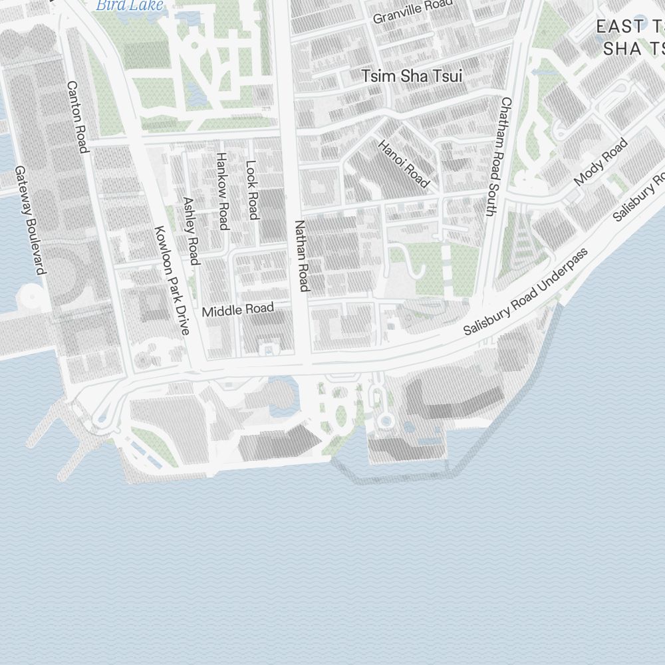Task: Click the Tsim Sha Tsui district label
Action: (x=412, y=76)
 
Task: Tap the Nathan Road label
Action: (x=303, y=256)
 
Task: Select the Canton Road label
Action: (x=78, y=117)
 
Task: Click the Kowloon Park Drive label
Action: (x=172, y=281)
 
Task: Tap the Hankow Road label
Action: (x=222, y=191)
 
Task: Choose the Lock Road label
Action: (x=251, y=190)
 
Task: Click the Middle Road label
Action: (x=237, y=310)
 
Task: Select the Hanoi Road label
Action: (x=404, y=164)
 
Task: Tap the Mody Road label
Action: (x=600, y=162)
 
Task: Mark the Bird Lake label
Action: (x=129, y=5)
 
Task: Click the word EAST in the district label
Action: (x=620, y=27)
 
